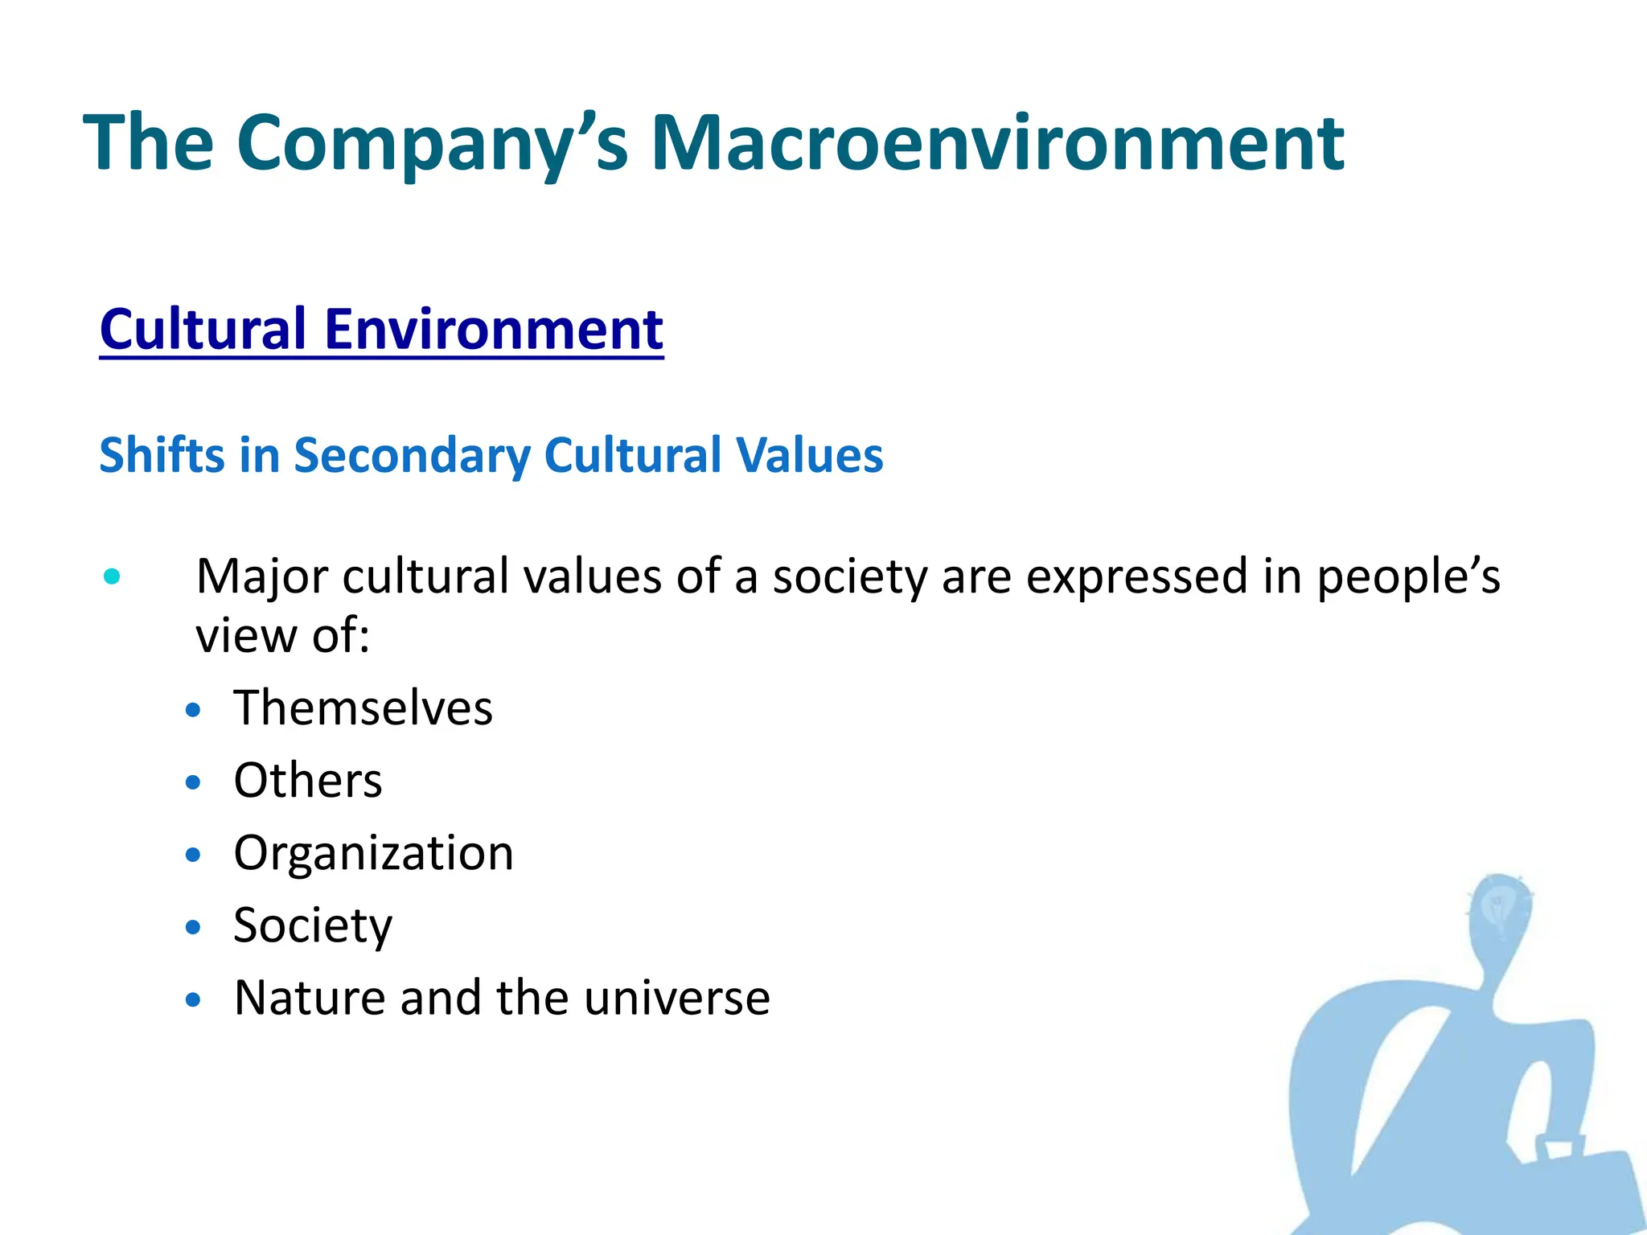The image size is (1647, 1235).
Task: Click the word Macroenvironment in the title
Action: pos(997,143)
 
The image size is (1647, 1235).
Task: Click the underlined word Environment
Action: pos(494,329)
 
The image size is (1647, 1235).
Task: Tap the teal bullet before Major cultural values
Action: pos(112,576)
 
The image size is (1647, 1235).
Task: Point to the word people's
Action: pos(1408,577)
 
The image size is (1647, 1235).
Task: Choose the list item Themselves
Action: pos(363,708)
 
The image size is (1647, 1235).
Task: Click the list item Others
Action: pos(308,781)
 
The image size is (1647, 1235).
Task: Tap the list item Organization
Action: pos(373,853)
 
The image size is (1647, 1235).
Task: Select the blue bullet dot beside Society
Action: pos(192,927)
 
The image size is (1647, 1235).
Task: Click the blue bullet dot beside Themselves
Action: pos(192,710)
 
